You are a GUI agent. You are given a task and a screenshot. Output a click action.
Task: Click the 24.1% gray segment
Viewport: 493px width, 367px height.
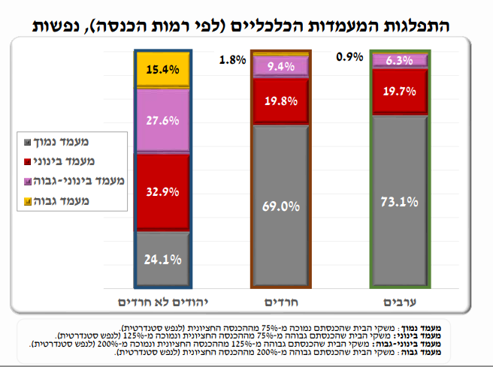pyautogui.click(x=162, y=260)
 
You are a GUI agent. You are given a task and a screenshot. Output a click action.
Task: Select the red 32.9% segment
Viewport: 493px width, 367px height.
pyautogui.click(x=162, y=192)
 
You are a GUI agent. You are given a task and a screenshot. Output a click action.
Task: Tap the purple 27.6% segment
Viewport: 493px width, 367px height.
pyautogui.click(x=162, y=121)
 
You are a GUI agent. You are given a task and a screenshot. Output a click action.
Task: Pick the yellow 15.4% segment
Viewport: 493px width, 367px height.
pyautogui.click(x=162, y=70)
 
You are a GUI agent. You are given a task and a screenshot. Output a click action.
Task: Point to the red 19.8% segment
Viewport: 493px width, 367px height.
pyautogui.click(x=281, y=101)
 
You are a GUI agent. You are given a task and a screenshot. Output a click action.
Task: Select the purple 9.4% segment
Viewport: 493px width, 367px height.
pyautogui.click(x=281, y=67)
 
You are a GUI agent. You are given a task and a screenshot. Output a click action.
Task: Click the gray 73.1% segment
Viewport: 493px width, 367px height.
pyautogui.click(x=400, y=201)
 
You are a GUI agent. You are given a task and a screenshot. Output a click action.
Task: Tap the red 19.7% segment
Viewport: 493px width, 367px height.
pyautogui.click(x=400, y=92)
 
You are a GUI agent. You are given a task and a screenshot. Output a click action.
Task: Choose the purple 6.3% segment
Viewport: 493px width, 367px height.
pyautogui.click(x=400, y=61)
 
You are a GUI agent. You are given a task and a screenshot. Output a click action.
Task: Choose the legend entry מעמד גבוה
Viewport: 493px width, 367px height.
pyautogui.click(x=62, y=201)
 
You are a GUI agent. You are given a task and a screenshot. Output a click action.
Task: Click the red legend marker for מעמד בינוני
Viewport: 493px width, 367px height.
pyautogui.click(x=28, y=161)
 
